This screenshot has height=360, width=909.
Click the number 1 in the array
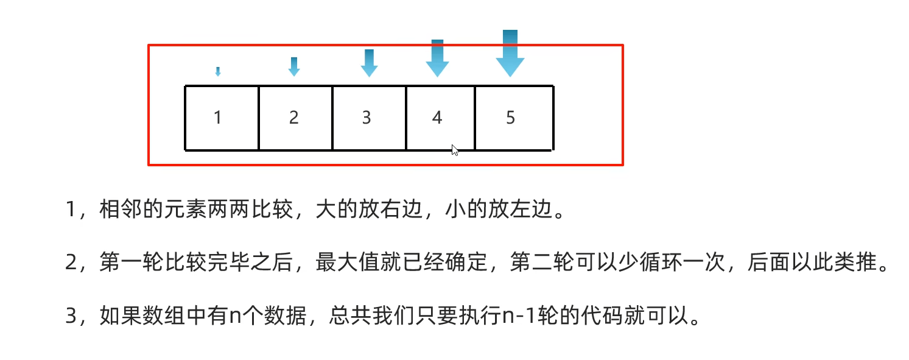point(218,118)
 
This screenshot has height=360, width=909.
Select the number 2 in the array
point(294,118)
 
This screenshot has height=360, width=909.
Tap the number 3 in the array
point(367,118)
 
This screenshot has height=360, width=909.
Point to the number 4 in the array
point(437,118)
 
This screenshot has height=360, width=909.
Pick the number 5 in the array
point(510,118)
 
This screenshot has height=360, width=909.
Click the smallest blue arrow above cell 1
point(218,72)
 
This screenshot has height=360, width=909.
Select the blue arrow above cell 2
point(294,66)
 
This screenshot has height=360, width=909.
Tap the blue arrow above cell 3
point(369,63)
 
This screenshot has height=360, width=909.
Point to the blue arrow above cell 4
point(437,58)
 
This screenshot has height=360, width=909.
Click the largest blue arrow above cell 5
point(510,54)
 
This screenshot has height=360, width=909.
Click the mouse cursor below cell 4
point(455,150)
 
